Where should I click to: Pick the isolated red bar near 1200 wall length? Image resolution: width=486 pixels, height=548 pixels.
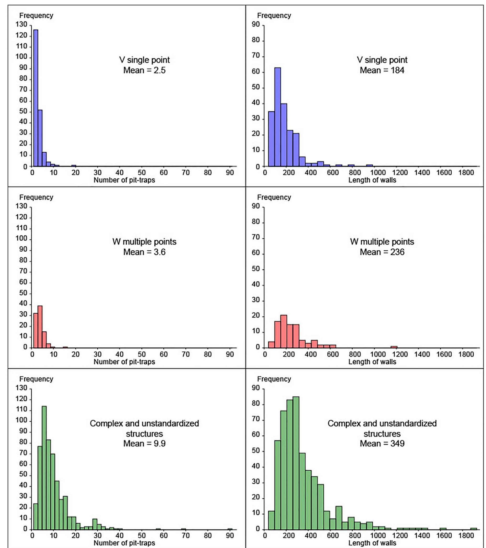point(394,347)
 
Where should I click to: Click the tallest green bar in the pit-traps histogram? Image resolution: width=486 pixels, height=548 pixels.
point(44,468)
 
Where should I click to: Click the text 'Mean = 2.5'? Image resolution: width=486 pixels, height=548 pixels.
point(144,71)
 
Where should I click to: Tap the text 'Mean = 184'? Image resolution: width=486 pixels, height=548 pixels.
point(382,71)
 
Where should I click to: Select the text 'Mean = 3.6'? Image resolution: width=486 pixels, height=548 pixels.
point(144,252)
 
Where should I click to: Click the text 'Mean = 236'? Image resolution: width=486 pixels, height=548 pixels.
point(382,252)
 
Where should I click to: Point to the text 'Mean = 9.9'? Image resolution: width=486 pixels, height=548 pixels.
point(144,444)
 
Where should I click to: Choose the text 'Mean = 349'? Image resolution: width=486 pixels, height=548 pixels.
point(382,444)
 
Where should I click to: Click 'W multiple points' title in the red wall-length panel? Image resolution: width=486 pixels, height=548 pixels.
point(382,242)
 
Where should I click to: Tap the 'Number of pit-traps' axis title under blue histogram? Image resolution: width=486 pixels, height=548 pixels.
point(124,180)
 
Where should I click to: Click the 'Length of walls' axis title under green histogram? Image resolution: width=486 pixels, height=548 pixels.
point(372,543)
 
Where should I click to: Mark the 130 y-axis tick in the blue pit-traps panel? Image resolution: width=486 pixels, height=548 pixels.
point(21,25)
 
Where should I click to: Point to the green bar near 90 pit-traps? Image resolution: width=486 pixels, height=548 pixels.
point(230,529)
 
